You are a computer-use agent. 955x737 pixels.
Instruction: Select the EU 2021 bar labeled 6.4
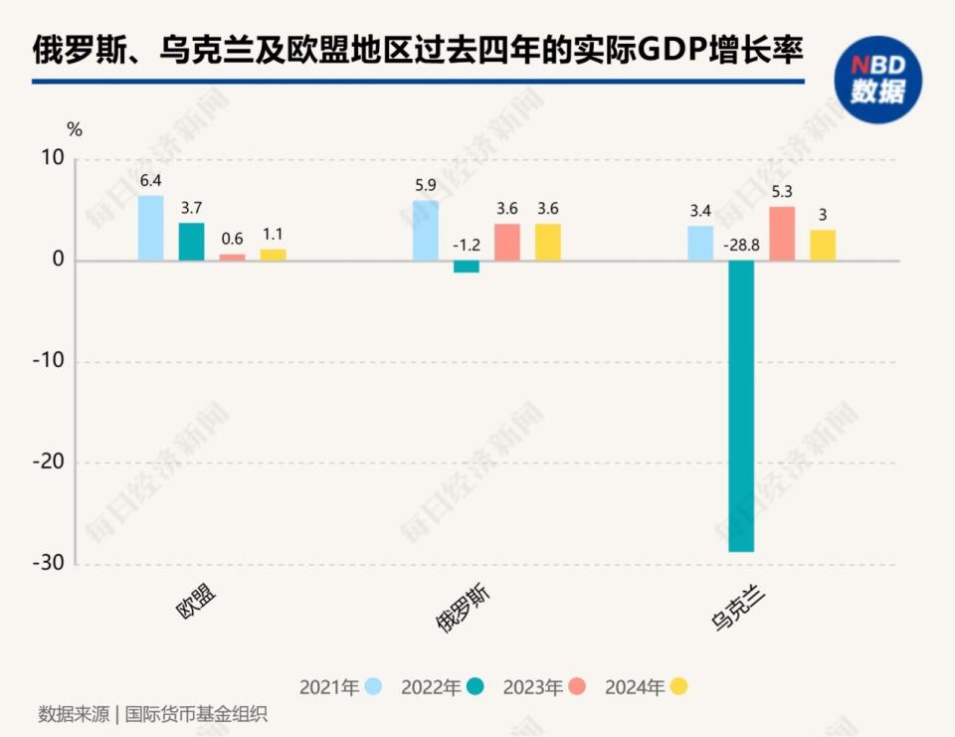pos(150,228)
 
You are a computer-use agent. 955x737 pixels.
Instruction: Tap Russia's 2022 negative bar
pos(467,267)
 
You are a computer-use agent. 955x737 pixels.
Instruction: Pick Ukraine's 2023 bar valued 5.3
pos(782,234)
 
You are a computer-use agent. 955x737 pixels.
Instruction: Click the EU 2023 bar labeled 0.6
pos(232,257)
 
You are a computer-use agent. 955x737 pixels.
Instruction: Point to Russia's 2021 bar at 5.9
pos(426,231)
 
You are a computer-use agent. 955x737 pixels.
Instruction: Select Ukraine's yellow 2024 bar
pos(823,245)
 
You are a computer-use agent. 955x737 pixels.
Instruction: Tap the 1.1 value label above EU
pos(274,235)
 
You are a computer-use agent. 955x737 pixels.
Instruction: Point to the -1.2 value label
pos(467,244)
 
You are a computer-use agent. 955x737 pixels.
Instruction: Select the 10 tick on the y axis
pos(52,158)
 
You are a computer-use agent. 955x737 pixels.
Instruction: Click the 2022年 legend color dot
pos(477,686)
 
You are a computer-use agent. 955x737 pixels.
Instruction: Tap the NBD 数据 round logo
pos(877,80)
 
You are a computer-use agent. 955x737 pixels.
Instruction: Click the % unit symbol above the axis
pos(75,128)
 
